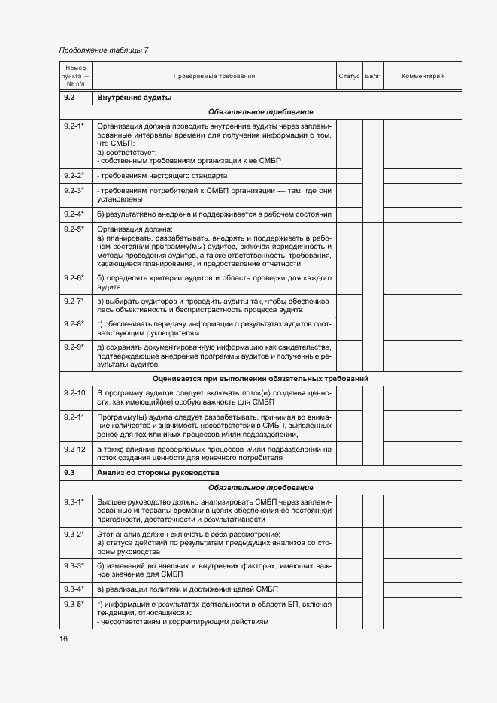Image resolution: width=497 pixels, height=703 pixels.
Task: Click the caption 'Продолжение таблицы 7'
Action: pos(104,50)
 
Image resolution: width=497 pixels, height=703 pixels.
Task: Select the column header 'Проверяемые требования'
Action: pos(214,77)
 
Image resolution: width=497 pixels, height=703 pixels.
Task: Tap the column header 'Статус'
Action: pos(349,77)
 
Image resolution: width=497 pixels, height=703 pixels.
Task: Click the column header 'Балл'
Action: pos(372,77)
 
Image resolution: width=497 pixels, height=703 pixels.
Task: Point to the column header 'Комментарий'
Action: pos(423,77)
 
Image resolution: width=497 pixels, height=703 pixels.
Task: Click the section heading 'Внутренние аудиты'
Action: pos(135,98)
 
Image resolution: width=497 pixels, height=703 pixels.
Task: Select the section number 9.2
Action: pos(69,98)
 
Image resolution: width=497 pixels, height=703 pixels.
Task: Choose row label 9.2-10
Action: pos(74,392)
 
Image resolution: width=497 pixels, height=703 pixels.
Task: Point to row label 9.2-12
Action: pos(74,449)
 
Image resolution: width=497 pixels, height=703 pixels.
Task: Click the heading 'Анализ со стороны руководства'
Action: pos(158,473)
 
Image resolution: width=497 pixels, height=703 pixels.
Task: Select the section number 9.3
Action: pos(69,473)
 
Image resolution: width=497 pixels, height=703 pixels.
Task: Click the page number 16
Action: pos(63,639)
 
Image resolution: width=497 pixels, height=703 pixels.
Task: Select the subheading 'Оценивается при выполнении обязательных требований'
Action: pos(260,378)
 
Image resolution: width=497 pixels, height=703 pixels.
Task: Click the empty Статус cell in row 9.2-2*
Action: pos(349,176)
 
